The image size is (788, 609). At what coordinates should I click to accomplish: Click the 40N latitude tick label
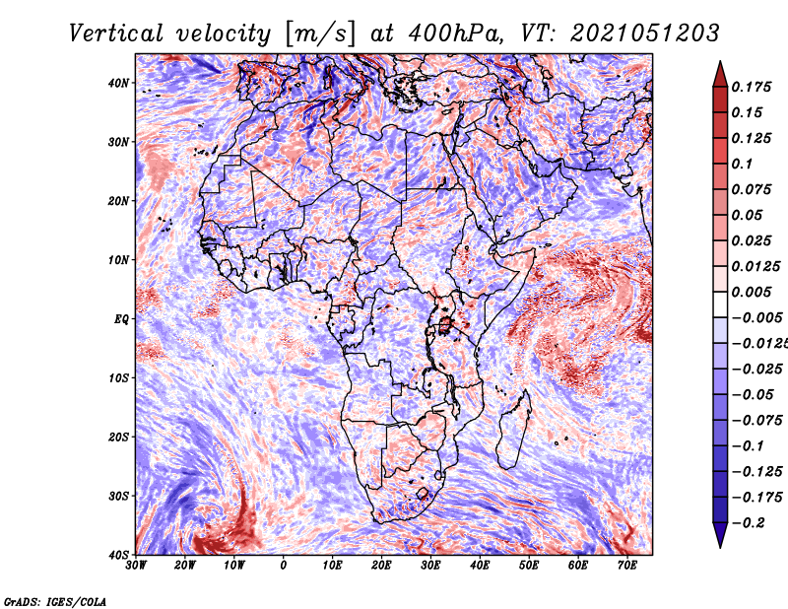pyautogui.click(x=118, y=83)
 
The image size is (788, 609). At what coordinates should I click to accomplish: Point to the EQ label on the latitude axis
pyautogui.click(x=121, y=319)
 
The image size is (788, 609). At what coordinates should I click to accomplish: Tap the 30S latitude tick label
pyautogui.click(x=118, y=496)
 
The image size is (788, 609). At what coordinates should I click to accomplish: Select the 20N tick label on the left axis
pyautogui.click(x=118, y=201)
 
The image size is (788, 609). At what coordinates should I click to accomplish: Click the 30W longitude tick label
pyautogui.click(x=136, y=566)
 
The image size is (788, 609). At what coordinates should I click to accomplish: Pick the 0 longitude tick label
pyautogui.click(x=284, y=566)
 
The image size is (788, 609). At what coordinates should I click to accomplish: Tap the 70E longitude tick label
pyautogui.click(x=627, y=566)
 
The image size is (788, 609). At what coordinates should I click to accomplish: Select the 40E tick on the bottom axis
pyautogui.click(x=480, y=566)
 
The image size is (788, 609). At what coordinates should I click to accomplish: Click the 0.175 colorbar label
pyautogui.click(x=751, y=87)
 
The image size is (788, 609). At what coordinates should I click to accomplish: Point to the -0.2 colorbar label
pyautogui.click(x=749, y=523)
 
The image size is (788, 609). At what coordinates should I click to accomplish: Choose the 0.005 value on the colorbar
pyautogui.click(x=751, y=292)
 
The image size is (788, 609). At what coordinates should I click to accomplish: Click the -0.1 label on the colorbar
pyautogui.click(x=749, y=446)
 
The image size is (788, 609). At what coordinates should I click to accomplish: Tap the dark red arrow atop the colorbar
pyautogui.click(x=720, y=74)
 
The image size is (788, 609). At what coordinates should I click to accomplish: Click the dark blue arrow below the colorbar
pyautogui.click(x=720, y=535)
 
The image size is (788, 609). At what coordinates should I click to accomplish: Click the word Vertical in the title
pyautogui.click(x=116, y=34)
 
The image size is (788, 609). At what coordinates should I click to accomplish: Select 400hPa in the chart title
pyautogui.click(x=455, y=34)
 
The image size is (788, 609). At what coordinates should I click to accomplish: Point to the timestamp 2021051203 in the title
pyautogui.click(x=645, y=34)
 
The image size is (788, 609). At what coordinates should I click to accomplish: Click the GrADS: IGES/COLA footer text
pyautogui.click(x=55, y=601)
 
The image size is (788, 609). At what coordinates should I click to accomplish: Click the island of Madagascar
pyautogui.click(x=513, y=430)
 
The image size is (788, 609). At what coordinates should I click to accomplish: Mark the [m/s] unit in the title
pyautogui.click(x=320, y=34)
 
